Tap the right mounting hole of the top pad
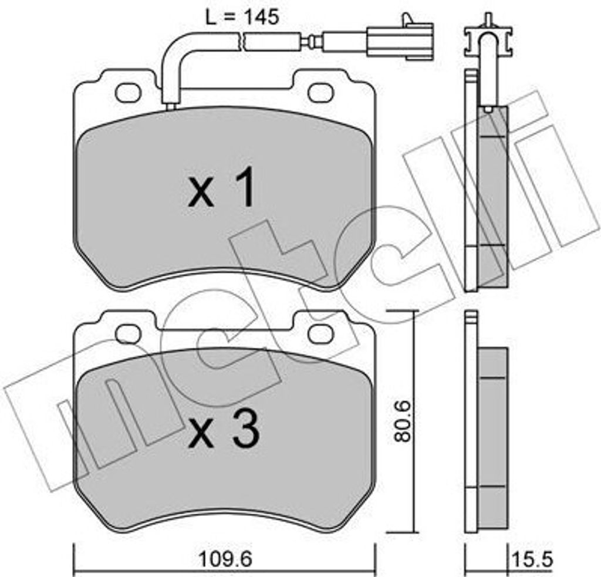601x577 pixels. pos(320,92)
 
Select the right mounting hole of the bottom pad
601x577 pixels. pos(320,334)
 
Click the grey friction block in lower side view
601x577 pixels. pos(492,437)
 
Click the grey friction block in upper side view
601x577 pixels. pos(492,194)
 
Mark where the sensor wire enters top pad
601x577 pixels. pos(171,106)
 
